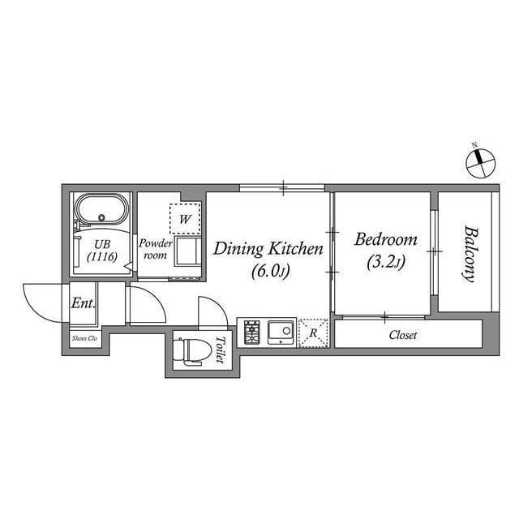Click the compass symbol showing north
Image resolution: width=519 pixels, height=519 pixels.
pos(478,159)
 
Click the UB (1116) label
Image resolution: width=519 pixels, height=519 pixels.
pos(102,250)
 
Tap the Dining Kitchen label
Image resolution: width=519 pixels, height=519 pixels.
pos(268,248)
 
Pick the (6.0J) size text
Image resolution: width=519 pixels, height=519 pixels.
pos(268,270)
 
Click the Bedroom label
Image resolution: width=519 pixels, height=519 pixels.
pos(386,240)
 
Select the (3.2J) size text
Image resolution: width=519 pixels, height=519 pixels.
pos(386,261)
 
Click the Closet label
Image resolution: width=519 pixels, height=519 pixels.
pos(403,334)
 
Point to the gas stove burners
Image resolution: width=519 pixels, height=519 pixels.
pos(251,332)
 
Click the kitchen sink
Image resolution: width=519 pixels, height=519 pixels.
pos(281,332)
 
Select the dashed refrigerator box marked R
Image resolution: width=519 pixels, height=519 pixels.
pos(311,332)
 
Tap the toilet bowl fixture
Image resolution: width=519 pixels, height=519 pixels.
pos(193,351)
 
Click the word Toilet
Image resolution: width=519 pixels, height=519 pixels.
pos(219,350)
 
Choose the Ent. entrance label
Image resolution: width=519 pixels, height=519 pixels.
pos(84,305)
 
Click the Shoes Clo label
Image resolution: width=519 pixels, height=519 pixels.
pos(85,339)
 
